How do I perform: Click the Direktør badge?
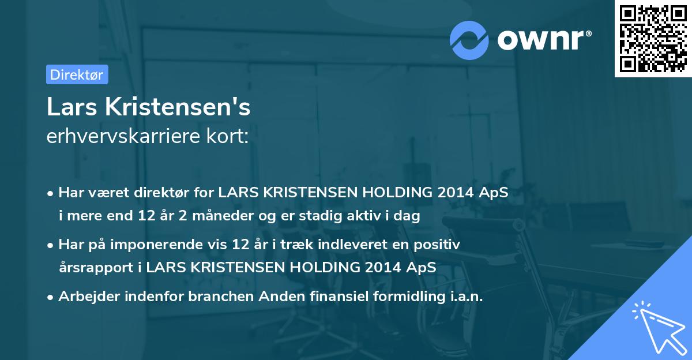point(77,74)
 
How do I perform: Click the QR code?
point(653,39)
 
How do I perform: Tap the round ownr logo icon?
point(470,40)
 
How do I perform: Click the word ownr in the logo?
point(540,40)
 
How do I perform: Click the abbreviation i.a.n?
point(464,297)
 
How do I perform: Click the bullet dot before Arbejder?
point(51,297)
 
